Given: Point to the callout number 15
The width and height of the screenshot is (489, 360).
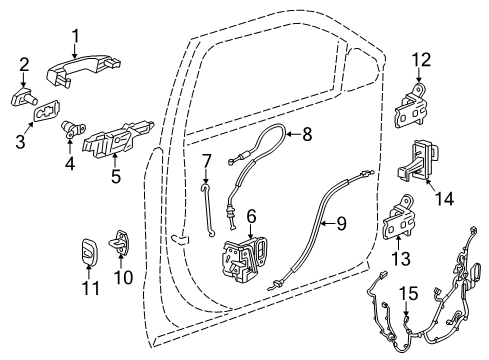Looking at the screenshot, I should tap(407, 292).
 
